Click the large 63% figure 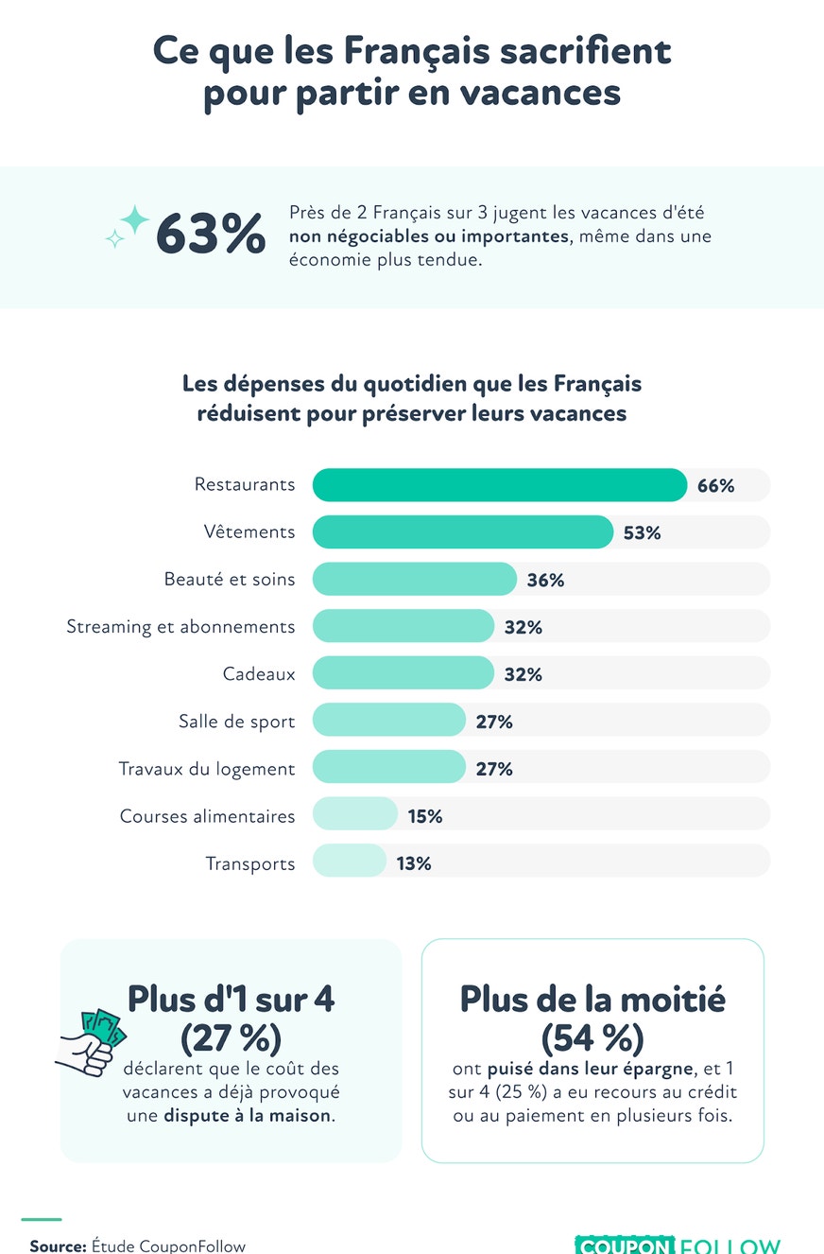(211, 234)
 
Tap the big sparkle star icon (134, 218)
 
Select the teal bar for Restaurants (500, 485)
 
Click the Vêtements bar (463, 531)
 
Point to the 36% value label (545, 580)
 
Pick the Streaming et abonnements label (180, 626)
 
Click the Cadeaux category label (258, 673)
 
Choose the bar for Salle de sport (388, 720)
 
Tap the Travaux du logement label (206, 769)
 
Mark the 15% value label (425, 816)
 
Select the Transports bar (349, 861)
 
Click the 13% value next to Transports (414, 863)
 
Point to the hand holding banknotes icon (91, 1042)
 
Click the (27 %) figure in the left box (231, 1037)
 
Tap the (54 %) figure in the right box (592, 1037)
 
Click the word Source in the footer (58, 1245)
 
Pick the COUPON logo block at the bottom (625, 1245)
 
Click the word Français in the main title (417, 52)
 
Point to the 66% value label (715, 485)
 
